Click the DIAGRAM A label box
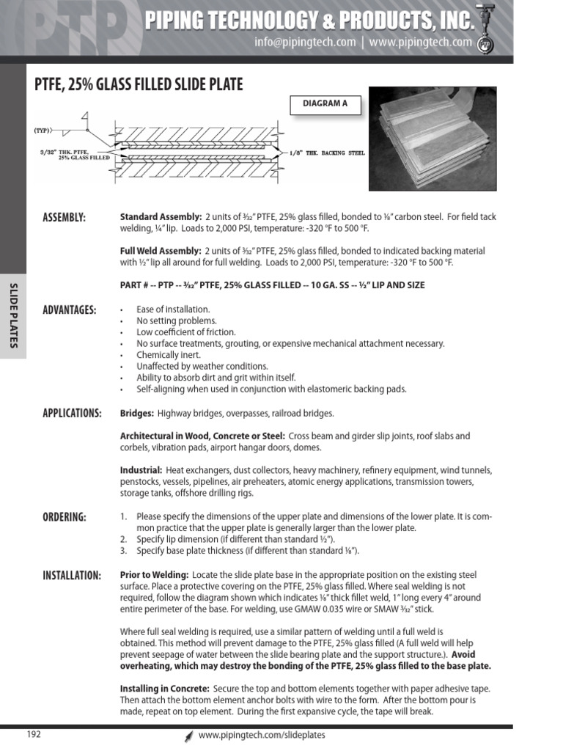coord(325,103)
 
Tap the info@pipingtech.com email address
coord(305,43)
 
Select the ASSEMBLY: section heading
coord(64,217)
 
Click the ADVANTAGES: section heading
coord(70,309)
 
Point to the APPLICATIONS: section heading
coord(72,413)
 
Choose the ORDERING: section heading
coord(64,517)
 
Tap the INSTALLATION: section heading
coord(72,575)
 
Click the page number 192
coord(34,734)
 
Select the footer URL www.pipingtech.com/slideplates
coord(262,735)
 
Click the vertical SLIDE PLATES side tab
coord(13,315)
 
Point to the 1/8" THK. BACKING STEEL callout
coord(328,153)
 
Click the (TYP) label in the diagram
coord(42,131)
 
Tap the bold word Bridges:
coord(136,414)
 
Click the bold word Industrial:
coord(141,470)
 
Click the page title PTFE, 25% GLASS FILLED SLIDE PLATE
coord(139,86)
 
